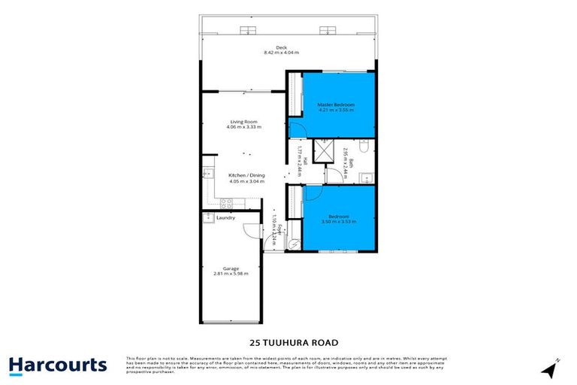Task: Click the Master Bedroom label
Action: point(336,104)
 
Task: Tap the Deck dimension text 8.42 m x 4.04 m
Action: point(281,53)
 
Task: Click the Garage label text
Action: point(231,268)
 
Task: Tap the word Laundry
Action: point(226,218)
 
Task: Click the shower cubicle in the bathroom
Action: point(325,151)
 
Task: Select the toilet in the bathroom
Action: point(362,144)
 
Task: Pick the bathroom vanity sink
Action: point(363,177)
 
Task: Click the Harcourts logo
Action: point(58,365)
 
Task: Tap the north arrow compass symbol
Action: point(552,368)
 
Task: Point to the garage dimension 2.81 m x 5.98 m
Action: point(231,274)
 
